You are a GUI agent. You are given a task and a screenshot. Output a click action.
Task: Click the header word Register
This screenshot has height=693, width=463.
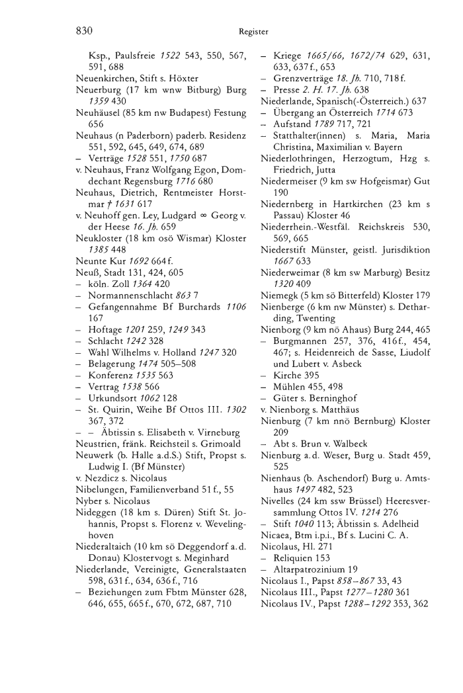(x=253, y=30)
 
